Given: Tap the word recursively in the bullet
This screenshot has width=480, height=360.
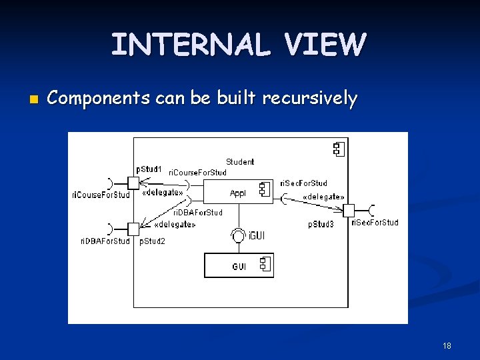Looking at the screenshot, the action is coord(310,99).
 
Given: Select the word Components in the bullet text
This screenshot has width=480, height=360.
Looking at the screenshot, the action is coord(99,99).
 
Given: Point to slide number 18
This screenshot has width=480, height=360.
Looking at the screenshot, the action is coord(447,345).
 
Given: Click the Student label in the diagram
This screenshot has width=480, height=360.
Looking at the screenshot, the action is coord(240,161).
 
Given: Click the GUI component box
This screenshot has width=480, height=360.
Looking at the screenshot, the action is coord(239,266).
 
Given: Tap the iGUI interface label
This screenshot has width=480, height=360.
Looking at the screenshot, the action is coord(257,235).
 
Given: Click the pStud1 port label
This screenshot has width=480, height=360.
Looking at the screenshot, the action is coord(149,169).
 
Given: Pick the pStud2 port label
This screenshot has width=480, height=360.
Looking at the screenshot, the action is coord(152,241).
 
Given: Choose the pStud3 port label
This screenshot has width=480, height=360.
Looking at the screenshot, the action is coord(321,225).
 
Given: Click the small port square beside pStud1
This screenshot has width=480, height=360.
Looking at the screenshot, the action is coord(133,182).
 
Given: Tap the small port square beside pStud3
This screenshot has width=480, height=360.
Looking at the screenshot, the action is coord(348,210).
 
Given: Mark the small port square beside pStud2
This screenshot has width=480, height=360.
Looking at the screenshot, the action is coord(133,229).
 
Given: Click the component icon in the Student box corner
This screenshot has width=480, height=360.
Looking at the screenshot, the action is coord(338,149).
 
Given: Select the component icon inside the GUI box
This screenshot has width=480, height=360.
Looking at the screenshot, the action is coord(265,265).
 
